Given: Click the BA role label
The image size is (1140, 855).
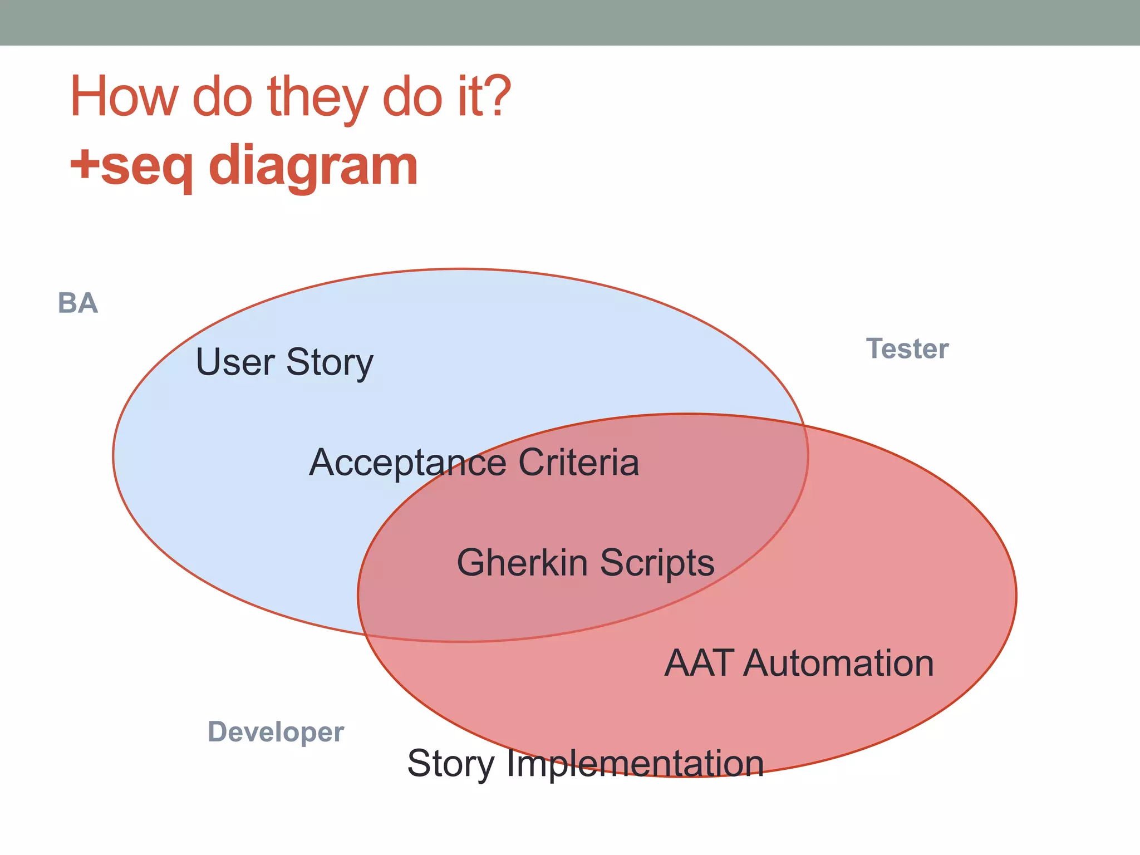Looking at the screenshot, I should click(78, 303).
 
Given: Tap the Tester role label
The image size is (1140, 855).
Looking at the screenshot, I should click(907, 349).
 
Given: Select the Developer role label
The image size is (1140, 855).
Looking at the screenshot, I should click(276, 732).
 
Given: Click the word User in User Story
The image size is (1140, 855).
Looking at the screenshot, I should click(235, 362).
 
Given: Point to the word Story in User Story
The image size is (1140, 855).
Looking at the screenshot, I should click(330, 363).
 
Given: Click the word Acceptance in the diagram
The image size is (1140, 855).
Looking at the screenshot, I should click(407, 463).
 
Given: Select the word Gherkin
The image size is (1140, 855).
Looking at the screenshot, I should click(522, 562).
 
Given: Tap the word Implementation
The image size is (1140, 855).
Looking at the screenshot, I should click(635, 764).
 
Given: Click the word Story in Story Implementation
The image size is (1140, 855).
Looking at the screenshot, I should click(451, 764).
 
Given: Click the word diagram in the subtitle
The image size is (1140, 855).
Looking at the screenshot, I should click(313, 166).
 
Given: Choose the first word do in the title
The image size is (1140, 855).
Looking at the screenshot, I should click(222, 97).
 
